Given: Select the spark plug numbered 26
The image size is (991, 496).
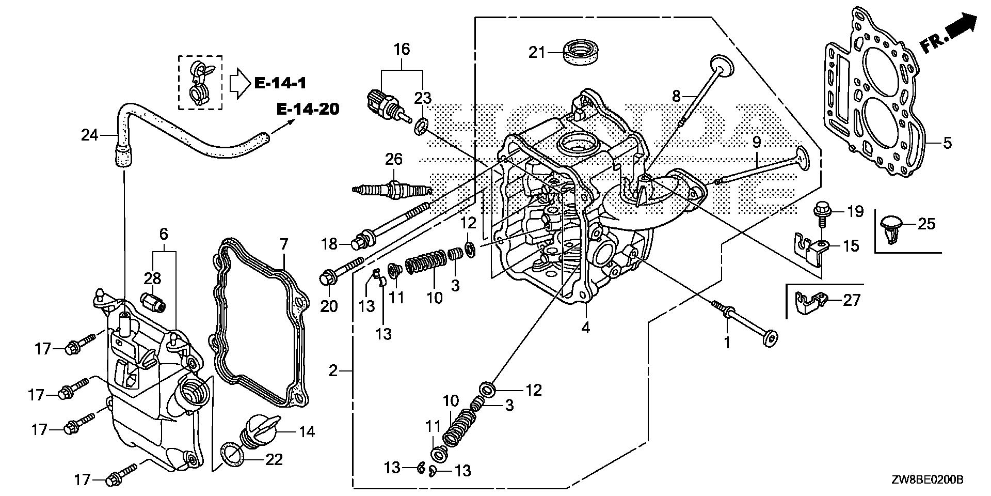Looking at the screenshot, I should pos(391,190).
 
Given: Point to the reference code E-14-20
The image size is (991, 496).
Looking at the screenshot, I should pos(308,110).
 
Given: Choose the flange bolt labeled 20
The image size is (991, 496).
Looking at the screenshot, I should pos(341,270).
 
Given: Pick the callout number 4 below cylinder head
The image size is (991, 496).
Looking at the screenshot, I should pos(585,328).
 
